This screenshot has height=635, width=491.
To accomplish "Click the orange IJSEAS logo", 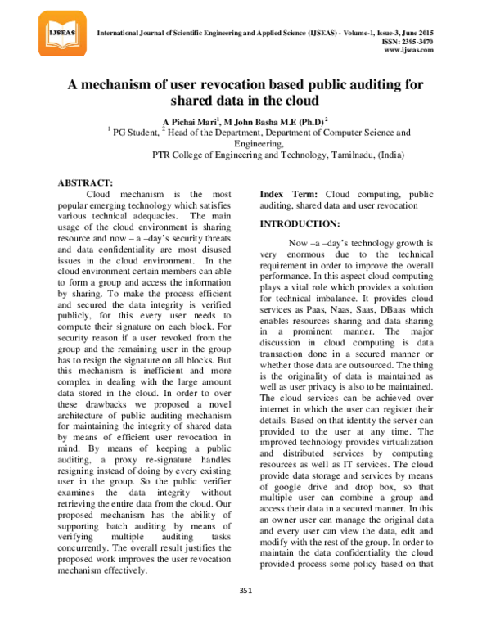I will point(61,34).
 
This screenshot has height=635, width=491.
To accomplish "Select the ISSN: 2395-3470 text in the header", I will point(406,41).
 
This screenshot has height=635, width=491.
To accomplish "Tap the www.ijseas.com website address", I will point(408,50).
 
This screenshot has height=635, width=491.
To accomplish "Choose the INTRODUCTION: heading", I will point(300,223).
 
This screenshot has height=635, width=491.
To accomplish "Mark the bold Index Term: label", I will point(290,194).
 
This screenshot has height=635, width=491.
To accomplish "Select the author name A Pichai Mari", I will point(182,120).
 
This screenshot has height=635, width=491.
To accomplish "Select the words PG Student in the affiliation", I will point(136,131).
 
